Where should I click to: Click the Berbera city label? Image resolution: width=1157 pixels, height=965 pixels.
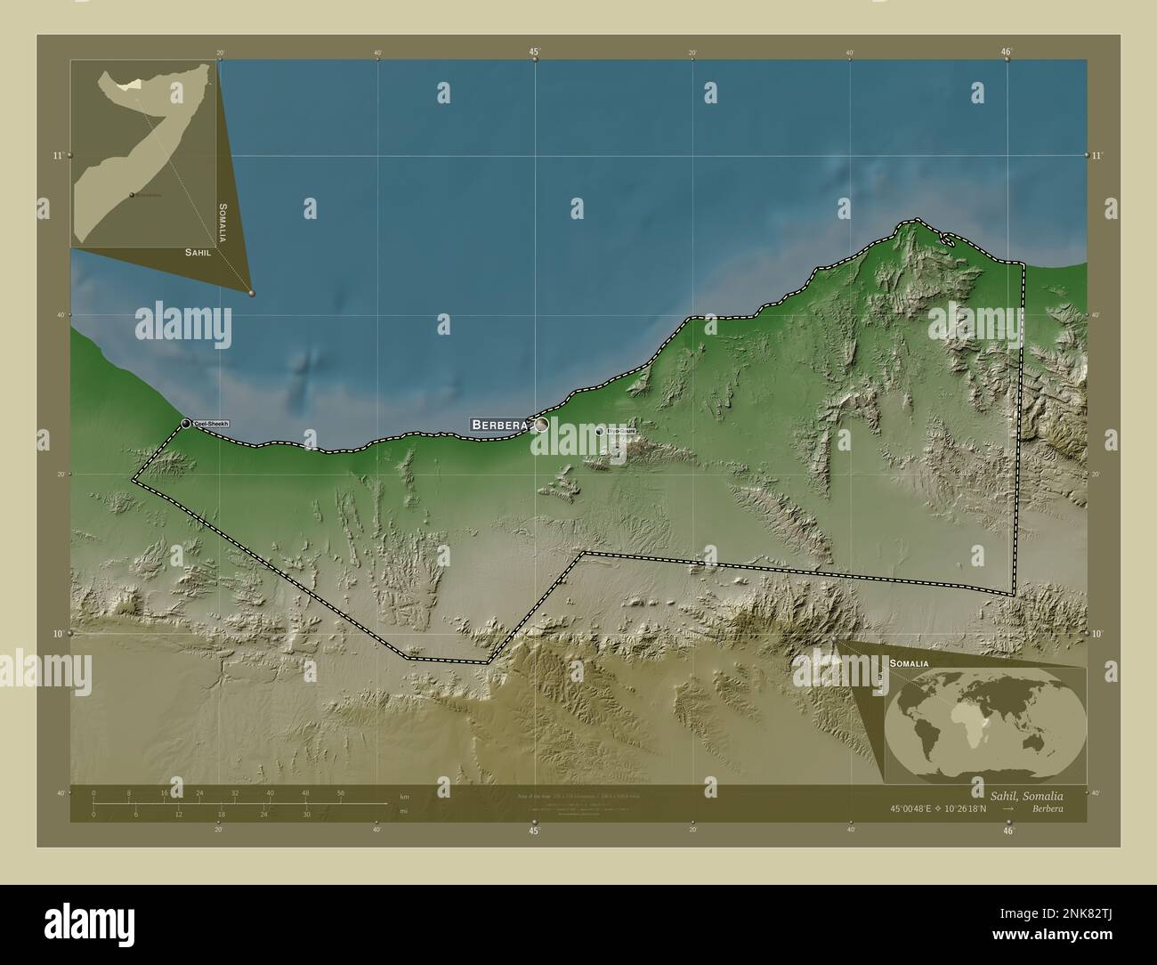click(x=500, y=426)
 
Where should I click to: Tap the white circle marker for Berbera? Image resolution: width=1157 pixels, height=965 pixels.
click(x=541, y=426)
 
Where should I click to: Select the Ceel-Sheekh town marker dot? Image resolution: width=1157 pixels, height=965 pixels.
click(x=186, y=424)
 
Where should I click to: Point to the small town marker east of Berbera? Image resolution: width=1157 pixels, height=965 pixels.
click(x=600, y=431)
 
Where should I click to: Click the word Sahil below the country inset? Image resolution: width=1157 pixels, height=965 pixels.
click(x=198, y=253)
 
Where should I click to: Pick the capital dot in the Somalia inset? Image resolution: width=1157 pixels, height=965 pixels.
click(x=132, y=195)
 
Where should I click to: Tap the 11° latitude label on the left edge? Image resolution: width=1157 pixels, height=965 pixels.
click(x=58, y=156)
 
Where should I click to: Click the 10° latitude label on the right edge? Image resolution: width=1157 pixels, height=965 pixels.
click(x=1098, y=633)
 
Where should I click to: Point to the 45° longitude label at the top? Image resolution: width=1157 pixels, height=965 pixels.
click(x=534, y=52)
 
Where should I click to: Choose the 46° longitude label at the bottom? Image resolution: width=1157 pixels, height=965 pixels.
click(x=1007, y=831)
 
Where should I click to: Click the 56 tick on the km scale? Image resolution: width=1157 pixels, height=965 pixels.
click(x=341, y=792)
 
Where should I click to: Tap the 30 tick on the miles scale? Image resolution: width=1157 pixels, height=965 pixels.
click(x=306, y=815)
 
